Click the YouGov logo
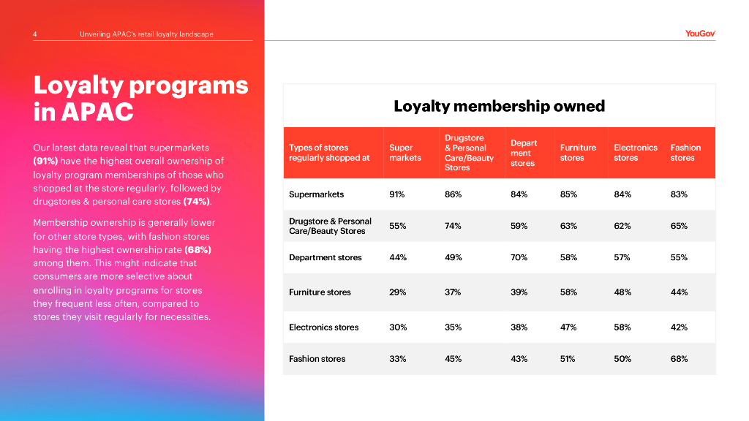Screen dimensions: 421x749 point(700,33)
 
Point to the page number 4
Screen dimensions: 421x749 point(36,34)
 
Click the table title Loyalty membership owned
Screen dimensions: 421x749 point(499,106)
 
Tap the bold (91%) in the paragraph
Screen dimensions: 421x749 point(46,161)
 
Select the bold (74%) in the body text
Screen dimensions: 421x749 point(197,201)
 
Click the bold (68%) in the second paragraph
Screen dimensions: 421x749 point(197,249)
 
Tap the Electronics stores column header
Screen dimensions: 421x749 point(635,153)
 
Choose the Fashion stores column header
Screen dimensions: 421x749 point(685,153)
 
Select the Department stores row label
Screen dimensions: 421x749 point(325,258)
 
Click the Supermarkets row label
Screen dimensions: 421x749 point(316,194)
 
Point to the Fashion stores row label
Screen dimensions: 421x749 point(317,359)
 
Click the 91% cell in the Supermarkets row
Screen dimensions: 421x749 point(398,194)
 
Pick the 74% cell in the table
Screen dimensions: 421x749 point(453,226)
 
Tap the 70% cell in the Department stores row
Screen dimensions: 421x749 point(519,258)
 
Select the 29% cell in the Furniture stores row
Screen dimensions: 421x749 point(398,292)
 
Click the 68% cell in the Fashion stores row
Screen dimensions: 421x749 point(679,359)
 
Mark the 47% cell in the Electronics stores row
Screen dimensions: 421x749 point(568,327)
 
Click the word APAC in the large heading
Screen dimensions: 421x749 point(97,112)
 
